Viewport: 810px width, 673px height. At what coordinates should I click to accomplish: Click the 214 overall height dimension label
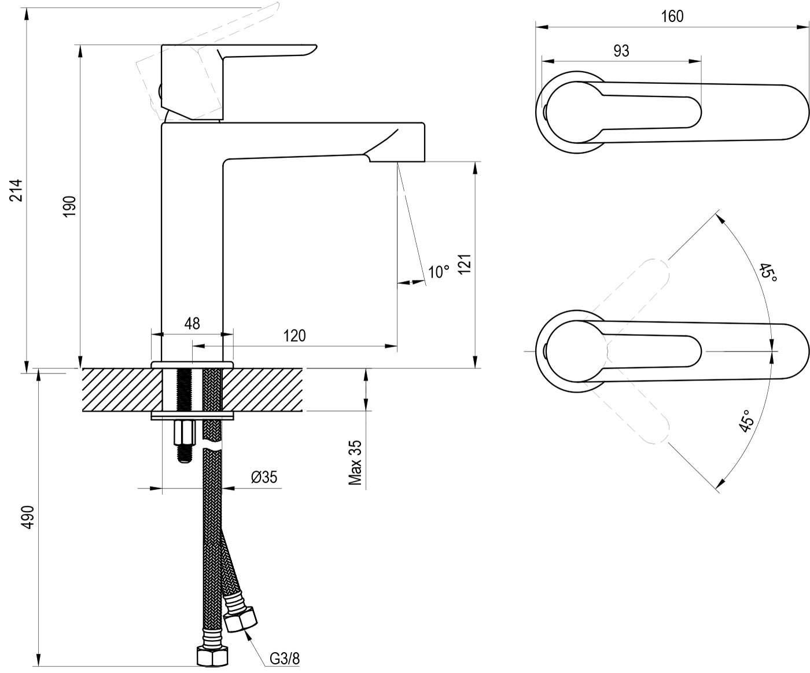point(18,190)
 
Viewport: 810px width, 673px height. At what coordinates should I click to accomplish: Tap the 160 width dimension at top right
point(672,16)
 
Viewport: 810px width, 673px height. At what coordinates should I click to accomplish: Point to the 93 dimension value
point(621,51)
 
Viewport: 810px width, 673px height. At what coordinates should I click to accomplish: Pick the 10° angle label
point(439,272)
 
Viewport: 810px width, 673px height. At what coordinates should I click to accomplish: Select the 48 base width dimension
point(192,323)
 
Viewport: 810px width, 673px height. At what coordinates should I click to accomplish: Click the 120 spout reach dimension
point(294,335)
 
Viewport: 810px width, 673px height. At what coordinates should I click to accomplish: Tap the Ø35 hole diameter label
point(264,477)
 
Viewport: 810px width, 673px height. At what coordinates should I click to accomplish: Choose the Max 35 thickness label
point(355,463)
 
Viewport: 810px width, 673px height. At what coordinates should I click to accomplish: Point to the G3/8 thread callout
point(285,659)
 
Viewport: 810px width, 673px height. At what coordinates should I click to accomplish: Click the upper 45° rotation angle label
point(768,272)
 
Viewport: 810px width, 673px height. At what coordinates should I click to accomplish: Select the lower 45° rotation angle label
point(746,421)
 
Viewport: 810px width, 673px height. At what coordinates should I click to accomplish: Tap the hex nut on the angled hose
point(241,620)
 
